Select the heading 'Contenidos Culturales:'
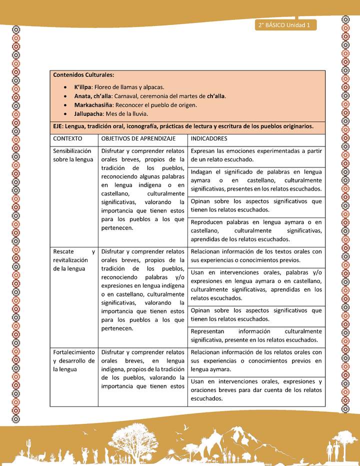(x=83, y=75)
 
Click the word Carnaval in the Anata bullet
(x=127, y=96)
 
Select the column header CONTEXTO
(x=67, y=138)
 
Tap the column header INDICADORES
(x=209, y=138)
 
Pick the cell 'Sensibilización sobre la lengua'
(x=73, y=155)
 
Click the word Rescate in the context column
(x=63, y=251)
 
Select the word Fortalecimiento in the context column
(x=74, y=352)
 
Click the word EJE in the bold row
(x=59, y=126)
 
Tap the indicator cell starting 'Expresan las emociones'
(x=256, y=155)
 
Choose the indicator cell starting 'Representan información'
(x=256, y=335)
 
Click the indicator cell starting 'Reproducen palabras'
(x=256, y=230)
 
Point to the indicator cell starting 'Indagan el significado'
(x=256, y=180)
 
